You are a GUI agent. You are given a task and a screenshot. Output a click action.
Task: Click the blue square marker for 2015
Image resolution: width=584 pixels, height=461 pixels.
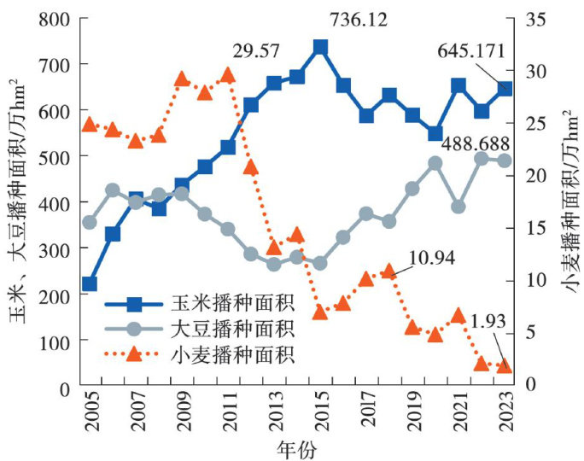point(320,47)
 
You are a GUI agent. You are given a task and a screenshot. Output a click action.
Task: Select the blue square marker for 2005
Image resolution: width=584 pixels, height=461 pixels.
point(90,283)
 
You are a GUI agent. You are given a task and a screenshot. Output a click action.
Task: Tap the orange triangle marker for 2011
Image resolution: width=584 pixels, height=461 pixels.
point(228,75)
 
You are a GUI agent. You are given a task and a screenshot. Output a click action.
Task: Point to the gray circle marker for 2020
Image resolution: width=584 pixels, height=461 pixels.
point(435,163)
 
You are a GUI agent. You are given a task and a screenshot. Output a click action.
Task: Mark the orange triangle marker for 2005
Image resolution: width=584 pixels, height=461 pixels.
point(90,125)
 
